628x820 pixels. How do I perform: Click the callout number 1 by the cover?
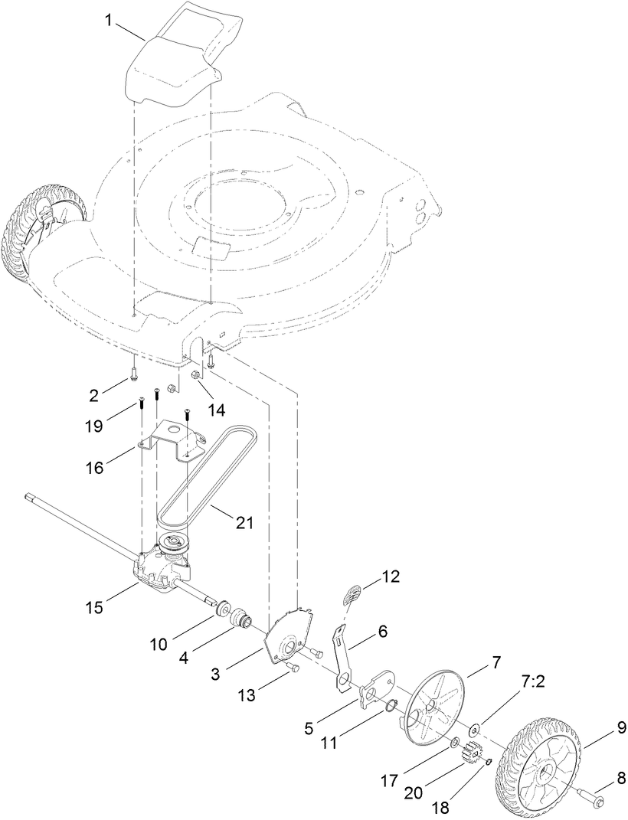click(x=110, y=21)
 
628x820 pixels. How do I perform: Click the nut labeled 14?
click(x=197, y=375)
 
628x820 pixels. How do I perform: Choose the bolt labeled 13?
click(x=294, y=668)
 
